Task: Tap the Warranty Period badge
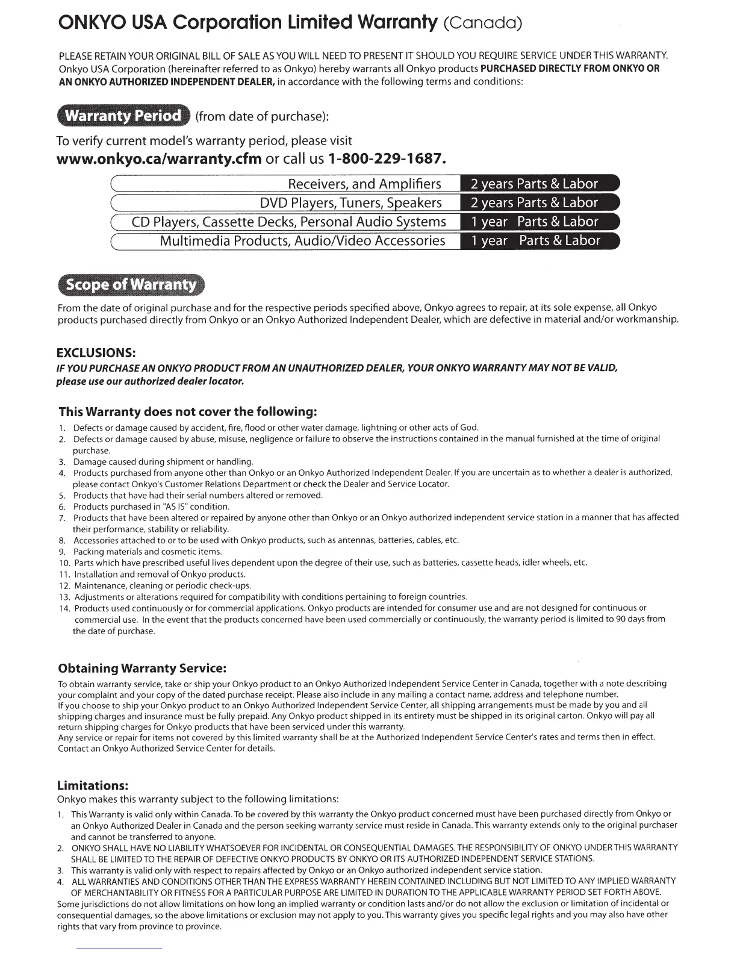tap(123, 116)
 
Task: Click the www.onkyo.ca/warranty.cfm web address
tap(159, 159)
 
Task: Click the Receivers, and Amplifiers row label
tap(364, 184)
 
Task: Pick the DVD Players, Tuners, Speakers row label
tap(350, 203)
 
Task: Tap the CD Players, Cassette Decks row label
tap(288, 222)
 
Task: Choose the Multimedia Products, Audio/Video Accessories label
tap(302, 241)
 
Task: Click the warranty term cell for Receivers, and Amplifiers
tap(539, 184)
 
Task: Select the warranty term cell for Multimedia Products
tap(539, 241)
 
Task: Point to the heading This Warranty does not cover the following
tap(187, 412)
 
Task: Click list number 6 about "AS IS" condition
tap(61, 507)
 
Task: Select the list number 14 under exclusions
tap(64, 608)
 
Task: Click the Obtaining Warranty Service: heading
tap(142, 669)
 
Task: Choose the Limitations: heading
tap(93, 785)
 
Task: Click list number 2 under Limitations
tap(61, 847)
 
